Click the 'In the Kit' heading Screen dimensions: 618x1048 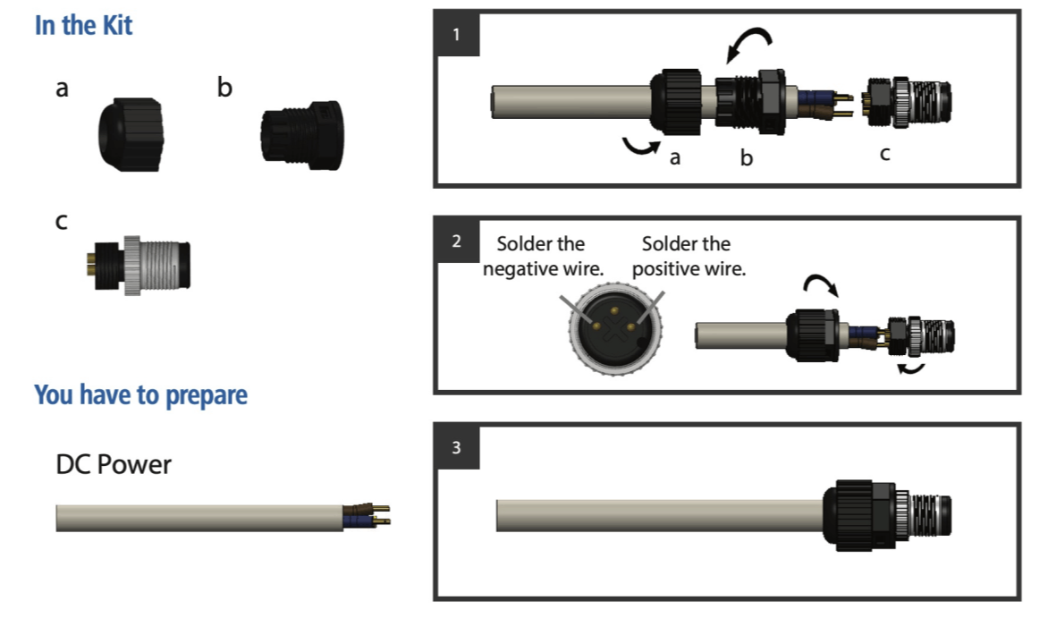coord(83,25)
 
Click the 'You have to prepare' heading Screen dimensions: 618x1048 coord(140,394)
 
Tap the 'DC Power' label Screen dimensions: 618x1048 coord(113,465)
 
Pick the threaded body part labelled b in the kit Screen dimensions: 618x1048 coord(300,136)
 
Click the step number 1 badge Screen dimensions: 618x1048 coord(457,36)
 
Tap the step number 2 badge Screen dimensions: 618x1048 coord(457,241)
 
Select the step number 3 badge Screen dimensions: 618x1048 coord(457,447)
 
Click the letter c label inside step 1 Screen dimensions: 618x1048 coord(884,154)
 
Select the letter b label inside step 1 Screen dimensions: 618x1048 coord(747,158)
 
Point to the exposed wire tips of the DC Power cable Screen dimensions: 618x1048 coord(376,514)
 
